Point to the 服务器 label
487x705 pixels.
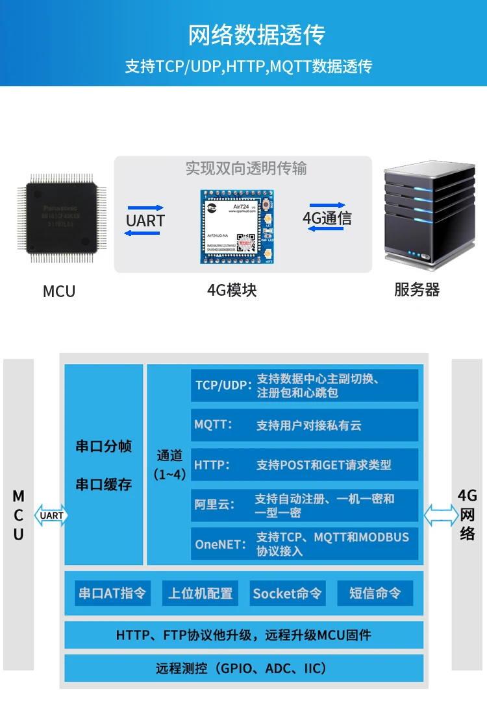(416, 289)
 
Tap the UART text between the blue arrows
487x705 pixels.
(145, 221)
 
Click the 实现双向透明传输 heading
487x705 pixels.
(245, 169)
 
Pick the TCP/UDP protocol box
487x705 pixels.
(305, 385)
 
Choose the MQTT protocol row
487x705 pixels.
(305, 425)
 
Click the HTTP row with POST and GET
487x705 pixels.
(305, 465)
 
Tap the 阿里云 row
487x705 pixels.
(305, 505)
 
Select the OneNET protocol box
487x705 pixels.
(305, 544)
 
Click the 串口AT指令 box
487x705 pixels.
(112, 593)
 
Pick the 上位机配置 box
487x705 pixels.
(200, 593)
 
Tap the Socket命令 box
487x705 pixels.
(287, 593)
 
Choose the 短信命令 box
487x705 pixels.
(375, 593)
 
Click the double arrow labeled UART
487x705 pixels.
(51, 516)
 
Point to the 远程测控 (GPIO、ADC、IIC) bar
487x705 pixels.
(243, 668)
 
